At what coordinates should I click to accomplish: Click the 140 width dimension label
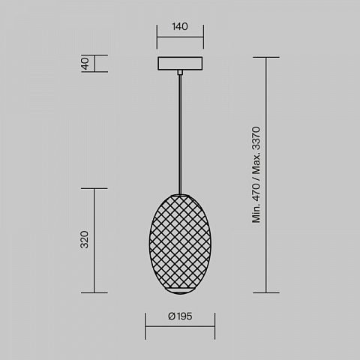(180, 26)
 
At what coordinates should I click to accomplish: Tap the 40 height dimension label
(85, 64)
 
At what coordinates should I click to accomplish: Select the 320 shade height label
(85, 239)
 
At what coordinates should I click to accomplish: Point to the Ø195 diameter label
(180, 316)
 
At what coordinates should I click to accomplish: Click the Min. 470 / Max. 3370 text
(256, 175)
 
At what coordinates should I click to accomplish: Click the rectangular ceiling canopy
(180, 64)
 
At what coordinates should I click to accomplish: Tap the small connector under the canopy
(180, 72)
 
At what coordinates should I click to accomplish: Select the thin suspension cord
(180, 134)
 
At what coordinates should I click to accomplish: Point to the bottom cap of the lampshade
(180, 290)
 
